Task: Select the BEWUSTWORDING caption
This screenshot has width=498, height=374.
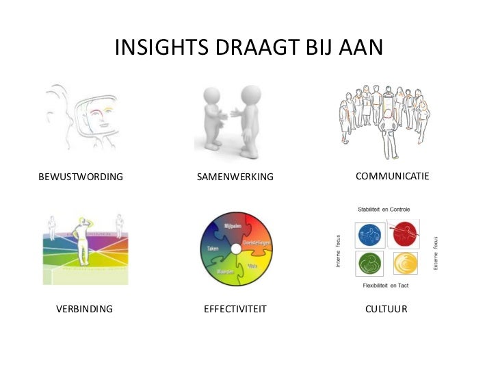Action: click(81, 177)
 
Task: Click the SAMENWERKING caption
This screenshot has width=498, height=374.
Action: click(235, 177)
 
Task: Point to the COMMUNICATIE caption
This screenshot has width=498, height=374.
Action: click(392, 177)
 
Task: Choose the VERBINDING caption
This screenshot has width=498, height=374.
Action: click(84, 309)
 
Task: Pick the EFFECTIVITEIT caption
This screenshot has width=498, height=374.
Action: click(235, 309)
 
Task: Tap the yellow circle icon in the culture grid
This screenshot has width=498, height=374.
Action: click(403, 264)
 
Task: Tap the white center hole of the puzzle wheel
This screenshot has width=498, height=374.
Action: click(236, 249)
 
